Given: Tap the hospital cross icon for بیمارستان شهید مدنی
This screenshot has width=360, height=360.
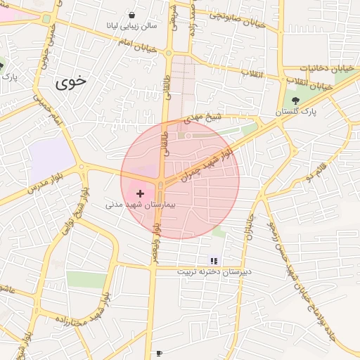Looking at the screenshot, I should [140, 193].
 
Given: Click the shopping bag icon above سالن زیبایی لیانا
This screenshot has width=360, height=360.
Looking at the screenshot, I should [131, 15].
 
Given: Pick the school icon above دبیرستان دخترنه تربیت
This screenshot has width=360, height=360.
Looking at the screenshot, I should [214, 261].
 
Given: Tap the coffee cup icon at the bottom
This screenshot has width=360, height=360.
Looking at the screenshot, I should [160, 352].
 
